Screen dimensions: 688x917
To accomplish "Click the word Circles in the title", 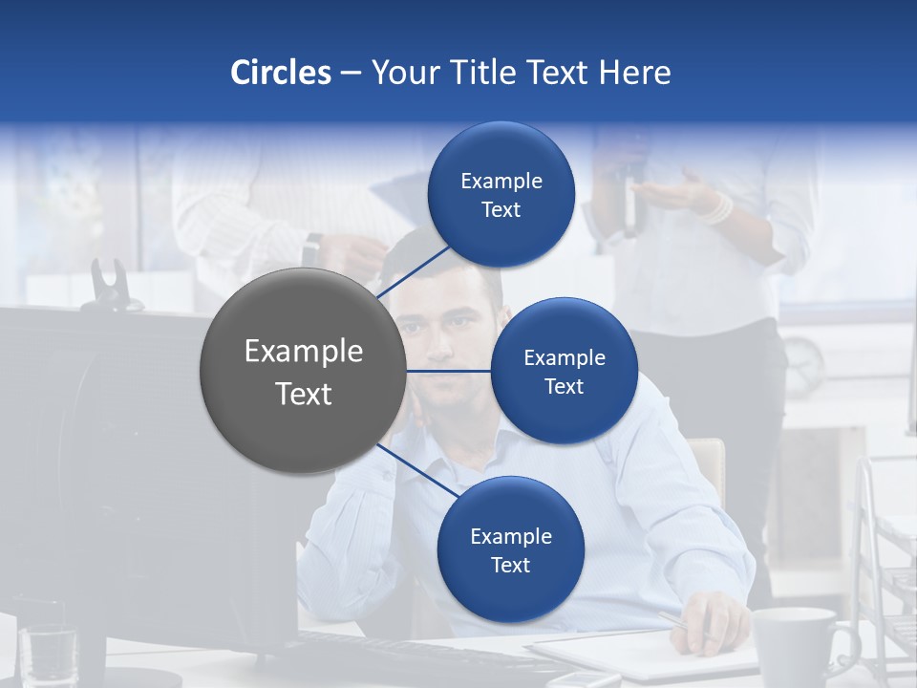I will (x=280, y=73).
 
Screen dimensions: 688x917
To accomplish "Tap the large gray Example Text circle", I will (x=303, y=372).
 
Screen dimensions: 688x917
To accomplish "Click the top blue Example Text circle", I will (x=501, y=195).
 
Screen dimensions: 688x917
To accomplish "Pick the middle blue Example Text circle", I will (x=564, y=372).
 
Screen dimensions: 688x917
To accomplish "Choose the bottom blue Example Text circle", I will (x=510, y=550).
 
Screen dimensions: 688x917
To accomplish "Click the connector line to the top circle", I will (x=413, y=272).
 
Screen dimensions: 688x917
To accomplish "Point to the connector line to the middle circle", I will (x=449, y=371).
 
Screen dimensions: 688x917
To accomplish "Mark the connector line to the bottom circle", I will (x=416, y=472).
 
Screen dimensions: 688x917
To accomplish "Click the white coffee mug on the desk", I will (x=795, y=645).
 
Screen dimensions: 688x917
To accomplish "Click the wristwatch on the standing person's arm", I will (x=312, y=250).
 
